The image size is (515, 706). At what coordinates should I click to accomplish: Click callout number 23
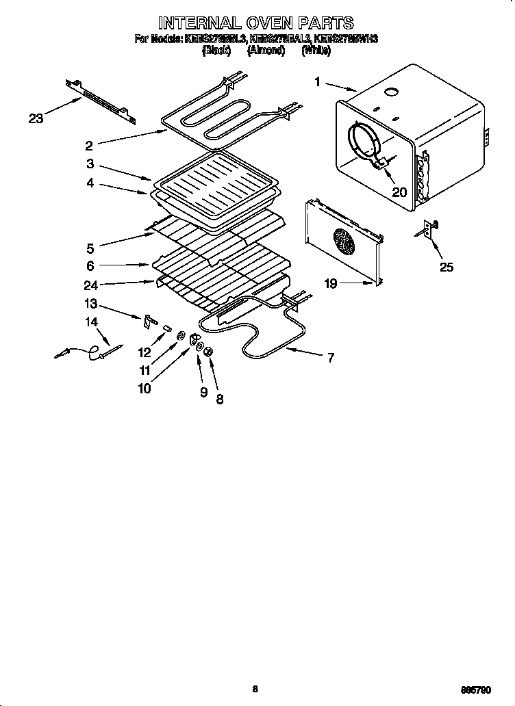[36, 118]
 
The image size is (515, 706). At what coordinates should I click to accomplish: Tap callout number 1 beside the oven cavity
[318, 82]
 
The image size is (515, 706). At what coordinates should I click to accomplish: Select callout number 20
[399, 192]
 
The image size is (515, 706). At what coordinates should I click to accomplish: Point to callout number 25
[446, 267]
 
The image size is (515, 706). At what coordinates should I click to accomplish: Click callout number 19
[331, 283]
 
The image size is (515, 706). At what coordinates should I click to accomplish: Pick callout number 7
[330, 357]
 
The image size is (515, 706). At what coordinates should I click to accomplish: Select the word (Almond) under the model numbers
[266, 51]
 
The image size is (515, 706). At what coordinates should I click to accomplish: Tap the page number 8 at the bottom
[255, 689]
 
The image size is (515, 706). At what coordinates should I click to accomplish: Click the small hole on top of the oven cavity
[392, 92]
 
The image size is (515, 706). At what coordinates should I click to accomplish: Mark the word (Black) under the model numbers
[216, 51]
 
